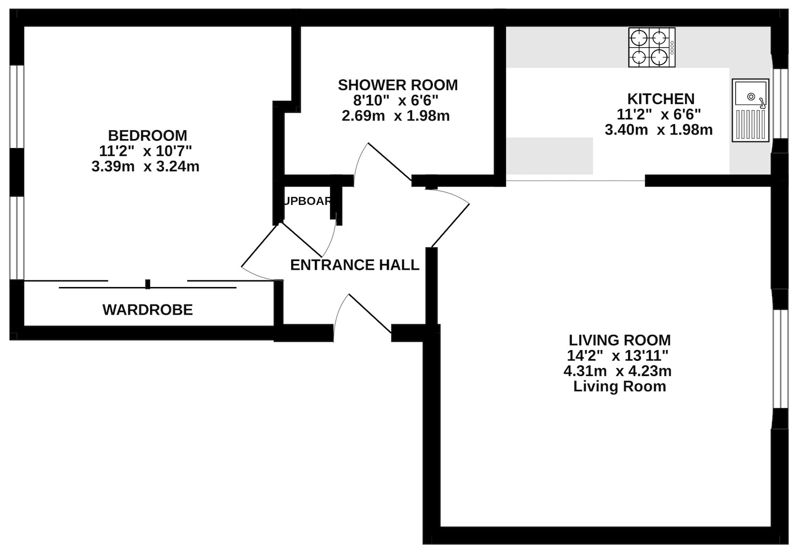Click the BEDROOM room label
pyautogui.click(x=147, y=136)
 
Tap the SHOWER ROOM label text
pyautogui.click(x=398, y=85)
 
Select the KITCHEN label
pyautogui.click(x=661, y=99)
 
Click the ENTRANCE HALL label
pyautogui.click(x=354, y=265)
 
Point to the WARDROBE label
pyautogui.click(x=147, y=310)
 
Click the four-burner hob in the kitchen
pyautogui.click(x=652, y=47)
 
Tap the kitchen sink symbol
pyautogui.click(x=750, y=110)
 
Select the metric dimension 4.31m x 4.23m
pyautogui.click(x=617, y=371)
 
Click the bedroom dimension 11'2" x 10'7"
pyautogui.click(x=146, y=151)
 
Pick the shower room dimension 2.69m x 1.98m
pyautogui.click(x=395, y=116)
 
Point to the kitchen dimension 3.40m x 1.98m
pyautogui.click(x=658, y=130)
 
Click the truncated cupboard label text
pyautogui.click(x=308, y=201)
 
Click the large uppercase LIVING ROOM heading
pyautogui.click(x=620, y=340)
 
